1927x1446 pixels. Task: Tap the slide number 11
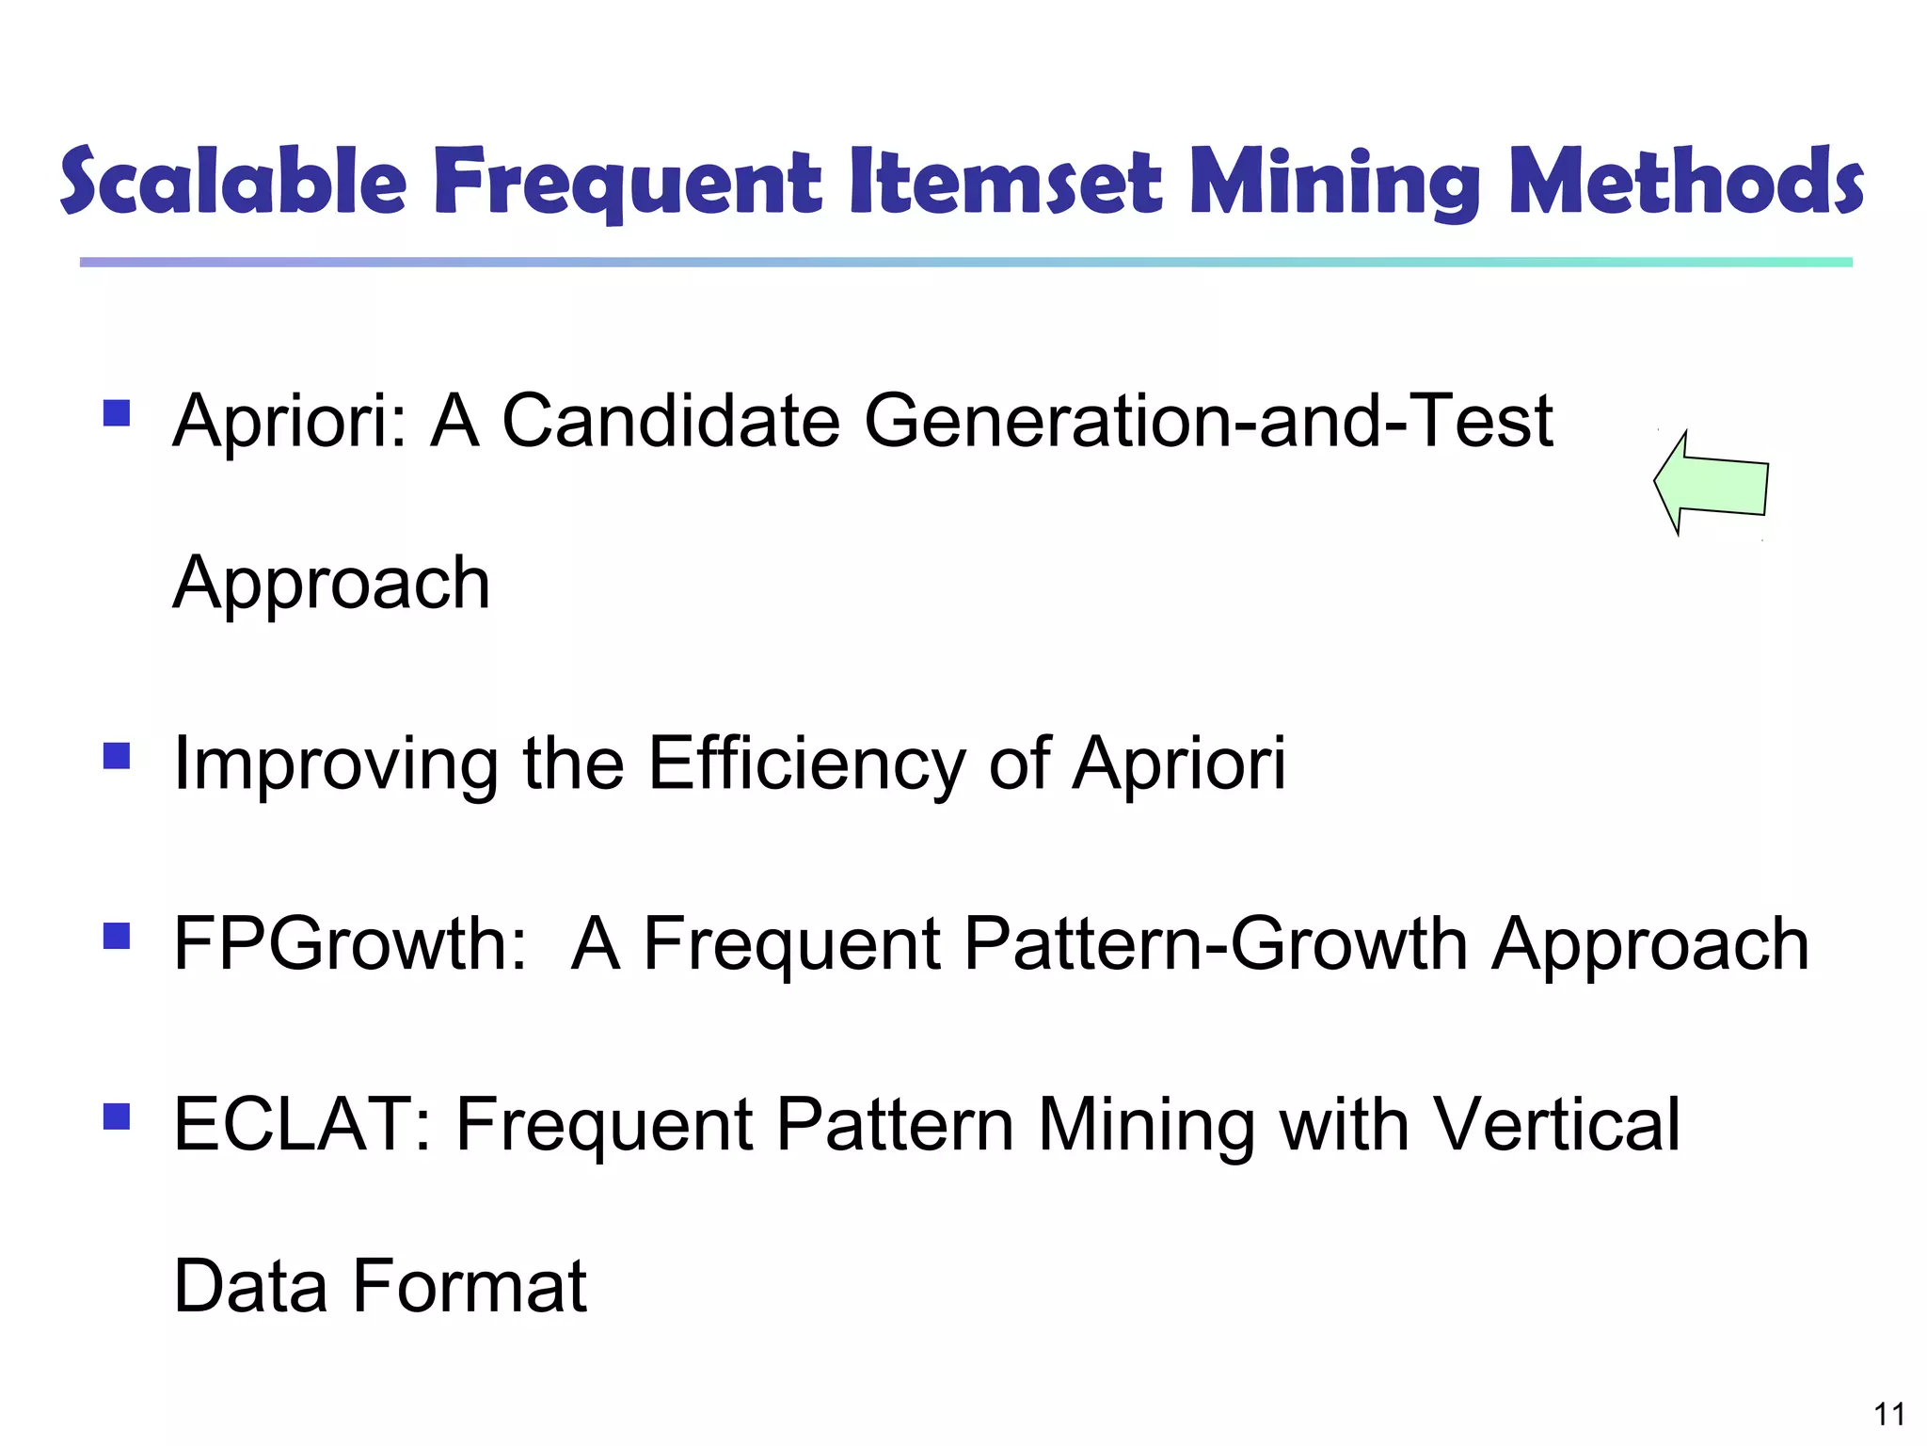1888,1414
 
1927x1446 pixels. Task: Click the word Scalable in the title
233,181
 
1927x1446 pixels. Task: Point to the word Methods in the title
1685,181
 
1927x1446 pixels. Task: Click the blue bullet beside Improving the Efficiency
117,756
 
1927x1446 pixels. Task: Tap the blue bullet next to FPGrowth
117,936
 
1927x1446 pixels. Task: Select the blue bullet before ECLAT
117,1117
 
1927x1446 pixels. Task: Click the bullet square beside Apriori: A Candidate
117,413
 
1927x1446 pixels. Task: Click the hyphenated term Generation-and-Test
1208,421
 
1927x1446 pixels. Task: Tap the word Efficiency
806,763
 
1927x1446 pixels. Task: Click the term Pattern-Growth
1216,943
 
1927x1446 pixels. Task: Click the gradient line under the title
965,263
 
